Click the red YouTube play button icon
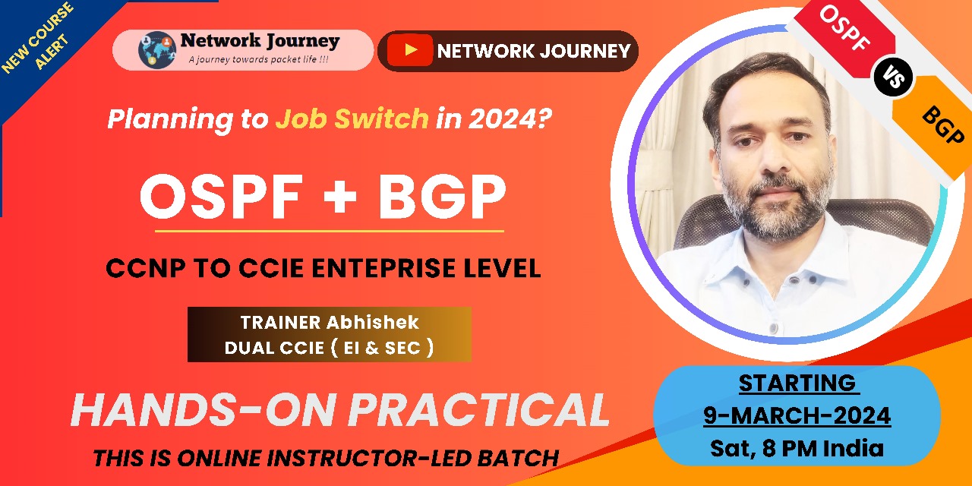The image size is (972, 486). point(410,51)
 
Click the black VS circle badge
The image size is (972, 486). point(893,77)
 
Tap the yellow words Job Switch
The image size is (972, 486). point(352,119)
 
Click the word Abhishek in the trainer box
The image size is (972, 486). point(372,322)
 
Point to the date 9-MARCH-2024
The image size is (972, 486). point(797,415)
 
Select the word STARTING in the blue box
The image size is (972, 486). point(797,383)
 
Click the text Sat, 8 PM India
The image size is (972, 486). point(797,448)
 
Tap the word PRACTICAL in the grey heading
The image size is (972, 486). point(479,411)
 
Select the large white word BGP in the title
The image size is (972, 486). point(442,197)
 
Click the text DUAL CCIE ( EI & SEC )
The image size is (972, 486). point(329,348)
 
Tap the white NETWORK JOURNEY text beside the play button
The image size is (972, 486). point(534,51)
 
